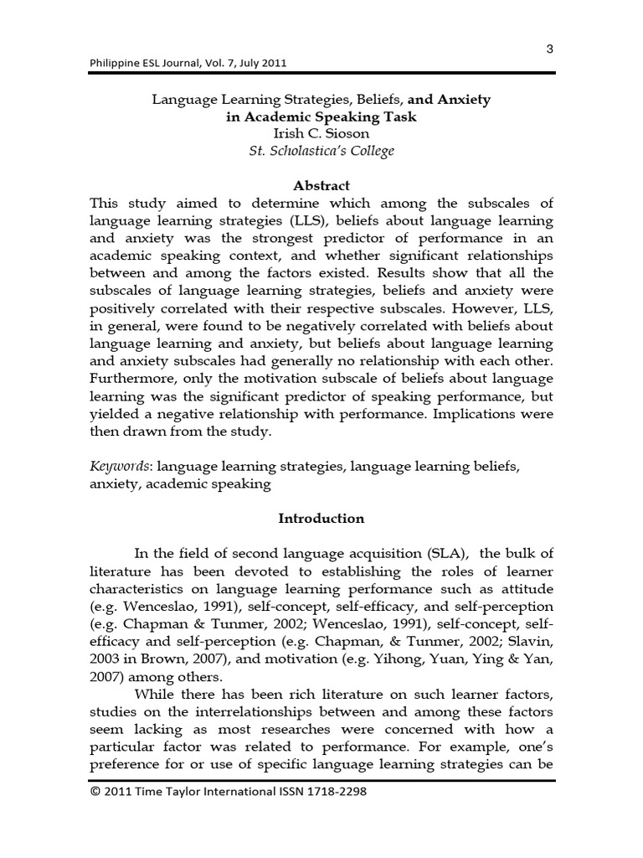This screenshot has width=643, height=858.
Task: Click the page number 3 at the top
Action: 549,49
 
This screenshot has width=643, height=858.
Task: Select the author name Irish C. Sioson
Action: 321,134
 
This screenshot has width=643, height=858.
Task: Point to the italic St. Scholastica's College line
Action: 321,151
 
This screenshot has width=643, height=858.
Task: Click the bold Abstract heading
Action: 321,185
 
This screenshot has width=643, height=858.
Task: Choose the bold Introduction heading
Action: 321,518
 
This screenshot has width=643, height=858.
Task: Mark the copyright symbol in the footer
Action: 95,790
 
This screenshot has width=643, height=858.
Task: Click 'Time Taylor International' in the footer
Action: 202,790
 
